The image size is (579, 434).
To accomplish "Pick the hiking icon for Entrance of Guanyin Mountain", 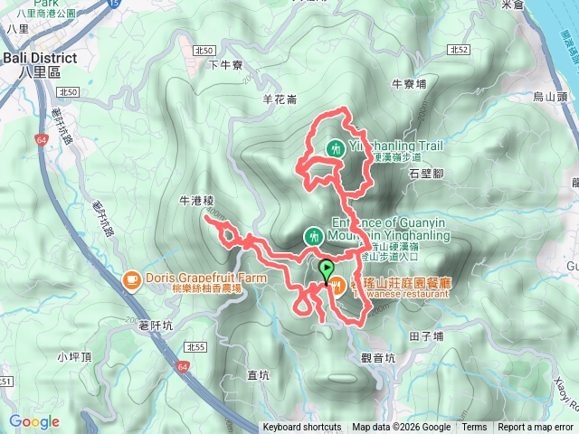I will coord(313,236).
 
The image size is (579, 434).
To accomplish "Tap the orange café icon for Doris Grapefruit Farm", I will coord(131,278).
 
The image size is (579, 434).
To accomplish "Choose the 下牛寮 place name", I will coord(226,64).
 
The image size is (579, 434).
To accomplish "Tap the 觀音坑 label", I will coord(377,357).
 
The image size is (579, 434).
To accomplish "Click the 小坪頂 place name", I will coord(74,356).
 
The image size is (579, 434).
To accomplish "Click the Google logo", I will coord(33,421).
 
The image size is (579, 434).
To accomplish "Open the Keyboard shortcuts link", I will coord(302,428).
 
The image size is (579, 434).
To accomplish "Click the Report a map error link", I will coord(536,428).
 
